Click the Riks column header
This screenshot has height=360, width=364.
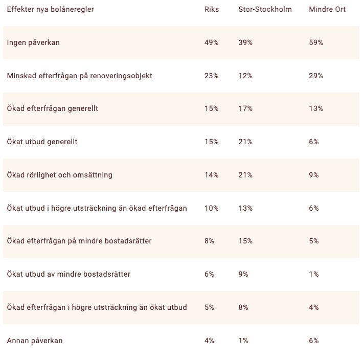pos(212,9)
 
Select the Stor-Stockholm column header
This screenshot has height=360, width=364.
pos(265,9)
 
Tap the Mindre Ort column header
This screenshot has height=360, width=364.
pos(327,9)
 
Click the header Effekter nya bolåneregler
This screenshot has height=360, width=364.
pos(51,10)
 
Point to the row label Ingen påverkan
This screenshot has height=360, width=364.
pos(33,43)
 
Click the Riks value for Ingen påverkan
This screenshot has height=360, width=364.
pos(211,42)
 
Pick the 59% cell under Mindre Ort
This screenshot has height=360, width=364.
pos(316,42)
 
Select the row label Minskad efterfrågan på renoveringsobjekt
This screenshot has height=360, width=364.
pos(79,76)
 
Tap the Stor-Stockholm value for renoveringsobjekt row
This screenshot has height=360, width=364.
pos(245,76)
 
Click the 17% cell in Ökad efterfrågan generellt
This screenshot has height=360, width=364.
pos(245,108)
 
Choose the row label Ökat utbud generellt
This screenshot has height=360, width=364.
pos(42,142)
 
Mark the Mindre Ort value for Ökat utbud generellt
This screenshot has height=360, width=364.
pos(313,142)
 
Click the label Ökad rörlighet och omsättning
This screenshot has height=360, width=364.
pos(59,175)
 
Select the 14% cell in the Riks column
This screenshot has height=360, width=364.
pos(211,175)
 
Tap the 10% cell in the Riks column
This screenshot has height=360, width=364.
pos(211,208)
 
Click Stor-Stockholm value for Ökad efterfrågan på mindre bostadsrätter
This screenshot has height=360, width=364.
pos(245,241)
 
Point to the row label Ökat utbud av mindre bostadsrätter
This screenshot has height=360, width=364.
pos(69,274)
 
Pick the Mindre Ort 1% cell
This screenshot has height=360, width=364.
pos(313,274)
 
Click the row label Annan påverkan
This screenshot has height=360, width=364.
pos(35,341)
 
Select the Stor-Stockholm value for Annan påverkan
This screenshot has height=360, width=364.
pos(243,341)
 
